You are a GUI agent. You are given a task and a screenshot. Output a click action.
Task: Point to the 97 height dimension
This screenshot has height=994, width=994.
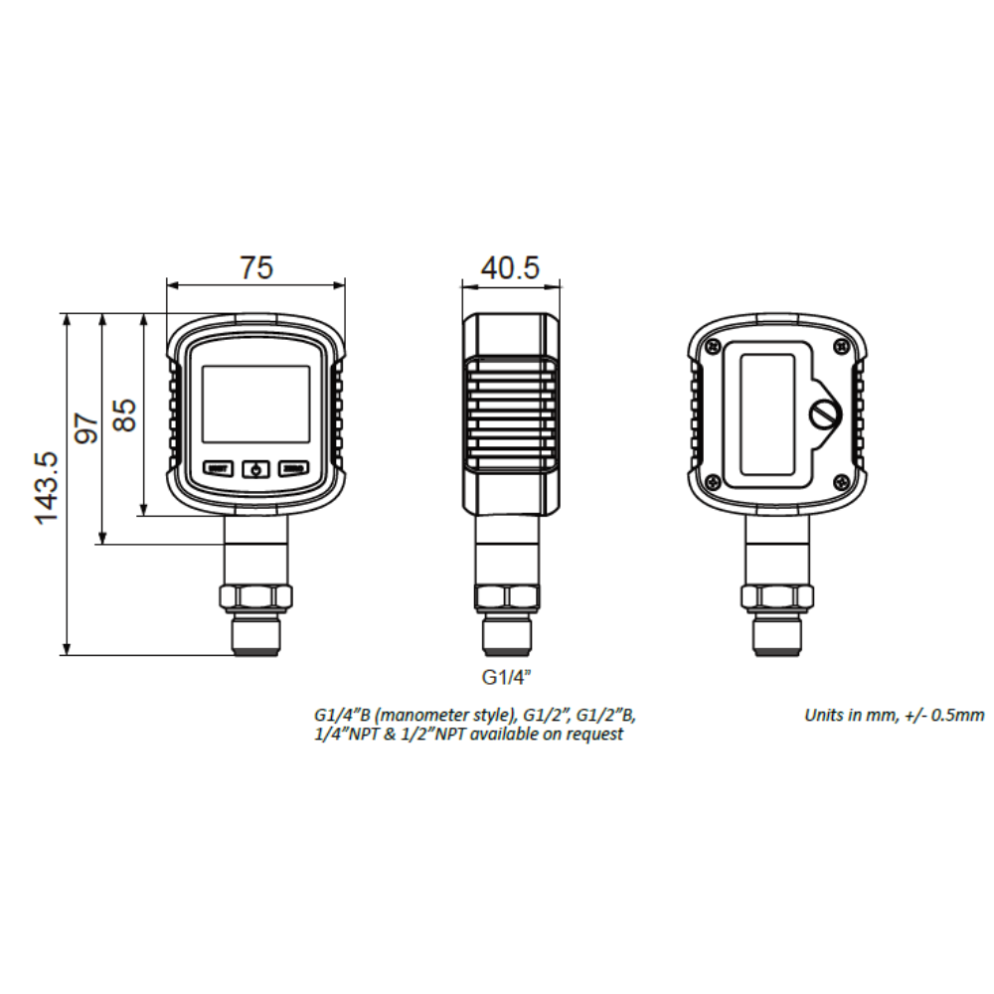[x=86, y=428]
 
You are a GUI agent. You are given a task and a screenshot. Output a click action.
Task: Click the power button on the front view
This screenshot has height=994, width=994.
[x=256, y=468]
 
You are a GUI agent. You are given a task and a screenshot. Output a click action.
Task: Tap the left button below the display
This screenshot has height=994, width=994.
[x=218, y=468]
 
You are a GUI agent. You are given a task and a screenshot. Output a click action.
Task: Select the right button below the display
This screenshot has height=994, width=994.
[x=293, y=468]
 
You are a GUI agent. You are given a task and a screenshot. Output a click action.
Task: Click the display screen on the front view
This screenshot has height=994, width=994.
[x=256, y=404]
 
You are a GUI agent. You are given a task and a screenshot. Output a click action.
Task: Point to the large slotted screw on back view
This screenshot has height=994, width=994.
[x=824, y=414]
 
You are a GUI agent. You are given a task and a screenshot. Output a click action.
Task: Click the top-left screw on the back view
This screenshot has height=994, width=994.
[x=714, y=345]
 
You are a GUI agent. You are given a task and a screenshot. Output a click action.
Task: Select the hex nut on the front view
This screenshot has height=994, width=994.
[x=255, y=596]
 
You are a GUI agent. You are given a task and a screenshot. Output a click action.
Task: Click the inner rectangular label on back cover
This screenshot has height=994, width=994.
[x=767, y=414]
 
